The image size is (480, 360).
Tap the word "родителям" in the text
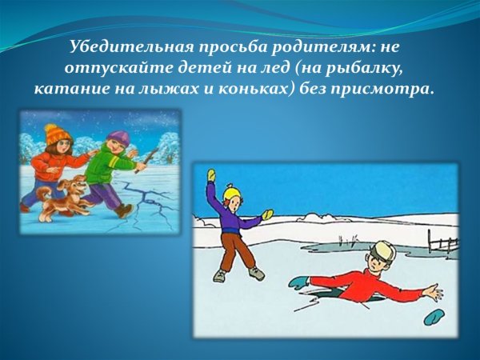coord(310,47)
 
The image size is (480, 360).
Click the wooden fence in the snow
coord(440,241)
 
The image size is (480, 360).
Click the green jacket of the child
coord(102,166)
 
